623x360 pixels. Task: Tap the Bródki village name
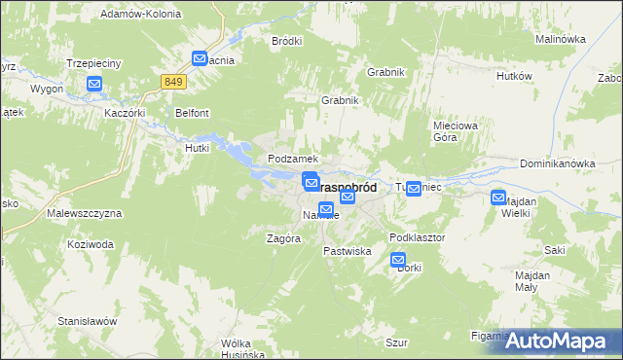(x=287, y=41)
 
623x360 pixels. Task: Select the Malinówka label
(x=560, y=39)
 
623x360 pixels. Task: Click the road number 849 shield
(x=173, y=82)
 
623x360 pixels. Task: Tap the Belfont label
(x=192, y=113)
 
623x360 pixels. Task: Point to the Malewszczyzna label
(x=84, y=212)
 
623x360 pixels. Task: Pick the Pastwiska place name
(x=348, y=251)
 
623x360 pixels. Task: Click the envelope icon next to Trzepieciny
(x=94, y=85)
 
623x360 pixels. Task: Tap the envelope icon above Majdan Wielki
(x=498, y=197)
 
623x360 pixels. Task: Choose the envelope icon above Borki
(x=398, y=260)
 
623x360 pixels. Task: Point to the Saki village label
(x=555, y=250)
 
